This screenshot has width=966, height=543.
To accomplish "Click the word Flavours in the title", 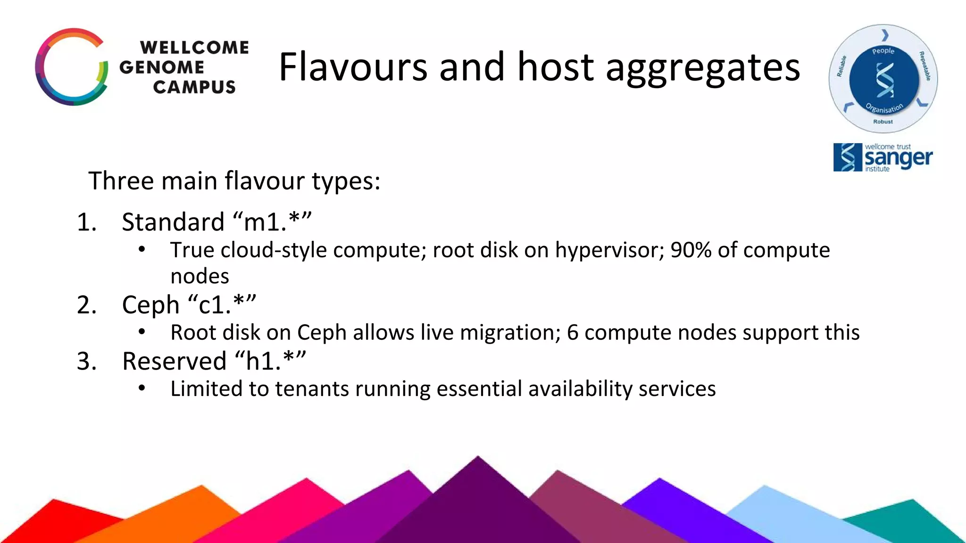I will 353,67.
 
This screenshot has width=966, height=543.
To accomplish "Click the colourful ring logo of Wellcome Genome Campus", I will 72,67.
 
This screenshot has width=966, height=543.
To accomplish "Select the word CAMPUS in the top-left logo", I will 194,87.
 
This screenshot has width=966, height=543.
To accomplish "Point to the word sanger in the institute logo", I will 898,158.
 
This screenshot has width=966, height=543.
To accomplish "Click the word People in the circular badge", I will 883,51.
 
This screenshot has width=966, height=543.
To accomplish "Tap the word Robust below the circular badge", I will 883,122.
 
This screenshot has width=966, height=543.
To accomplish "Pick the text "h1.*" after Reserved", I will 270,361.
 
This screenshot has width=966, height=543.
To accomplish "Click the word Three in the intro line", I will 121,181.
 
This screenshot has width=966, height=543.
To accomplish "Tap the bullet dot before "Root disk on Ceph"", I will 142,332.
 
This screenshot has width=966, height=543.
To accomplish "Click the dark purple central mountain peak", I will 477,500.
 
